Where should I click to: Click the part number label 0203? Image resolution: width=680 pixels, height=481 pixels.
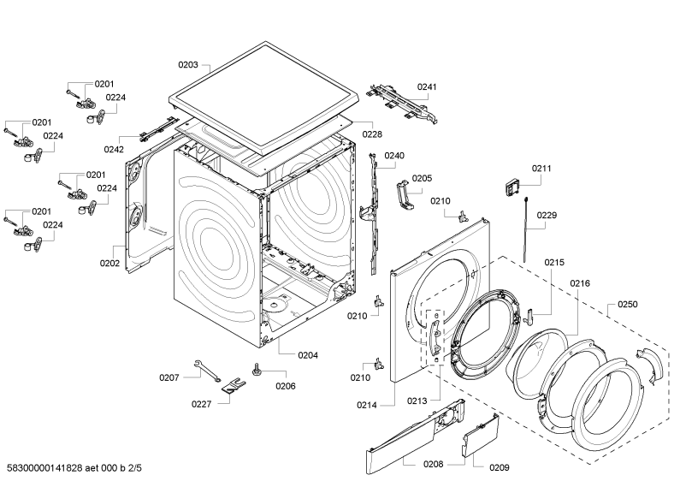[188, 65]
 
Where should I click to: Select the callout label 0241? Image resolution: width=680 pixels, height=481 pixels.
[427, 86]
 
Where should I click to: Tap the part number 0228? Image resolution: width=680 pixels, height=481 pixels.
[371, 134]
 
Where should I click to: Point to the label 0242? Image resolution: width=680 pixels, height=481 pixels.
[115, 149]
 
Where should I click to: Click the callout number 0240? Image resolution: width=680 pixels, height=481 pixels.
[394, 156]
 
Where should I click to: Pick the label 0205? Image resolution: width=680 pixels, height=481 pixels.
[422, 178]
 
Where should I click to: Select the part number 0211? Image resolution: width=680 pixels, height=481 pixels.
[541, 169]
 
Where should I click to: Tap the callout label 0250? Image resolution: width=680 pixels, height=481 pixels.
[628, 304]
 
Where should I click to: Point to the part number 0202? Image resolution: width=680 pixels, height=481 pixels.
[109, 263]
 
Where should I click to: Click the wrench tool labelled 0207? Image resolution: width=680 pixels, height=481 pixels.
[205, 369]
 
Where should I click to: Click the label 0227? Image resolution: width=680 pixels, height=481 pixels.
[201, 404]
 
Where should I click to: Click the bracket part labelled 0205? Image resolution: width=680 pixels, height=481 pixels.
[404, 193]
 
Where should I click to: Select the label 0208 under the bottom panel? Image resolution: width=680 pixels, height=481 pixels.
[433, 464]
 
